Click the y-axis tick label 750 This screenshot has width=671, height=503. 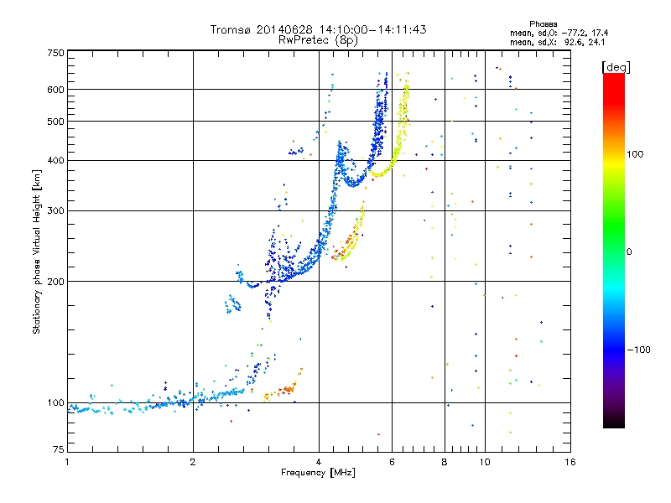pos(55,53)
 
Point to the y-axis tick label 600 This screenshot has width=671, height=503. pos(55,89)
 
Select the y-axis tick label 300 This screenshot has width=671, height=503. pos(55,210)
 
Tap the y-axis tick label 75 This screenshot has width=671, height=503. pos(58,451)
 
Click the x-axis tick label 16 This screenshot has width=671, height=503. pos(570,461)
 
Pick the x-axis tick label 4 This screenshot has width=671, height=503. pos(319,461)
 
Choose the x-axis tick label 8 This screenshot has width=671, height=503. pos(444,461)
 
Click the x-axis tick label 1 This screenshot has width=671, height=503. pos(67,461)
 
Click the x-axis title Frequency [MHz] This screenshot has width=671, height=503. pos(318,473)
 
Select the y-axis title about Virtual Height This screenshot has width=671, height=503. pos(37,251)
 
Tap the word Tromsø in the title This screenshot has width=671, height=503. pos(231,29)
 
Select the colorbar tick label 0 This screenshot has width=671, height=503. pos(631,251)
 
